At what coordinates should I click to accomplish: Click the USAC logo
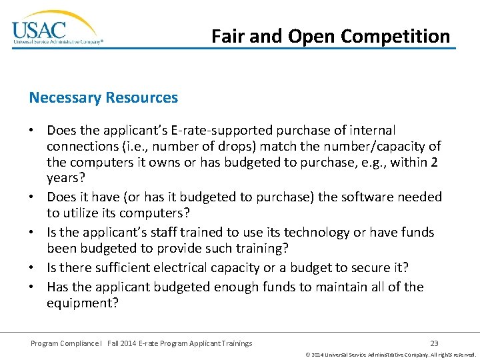57,29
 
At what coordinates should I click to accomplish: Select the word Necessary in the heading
64,98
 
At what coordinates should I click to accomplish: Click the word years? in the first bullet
65,179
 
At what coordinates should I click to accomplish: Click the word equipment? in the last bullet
83,303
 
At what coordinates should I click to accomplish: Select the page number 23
435,343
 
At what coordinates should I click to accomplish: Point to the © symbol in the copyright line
307,355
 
